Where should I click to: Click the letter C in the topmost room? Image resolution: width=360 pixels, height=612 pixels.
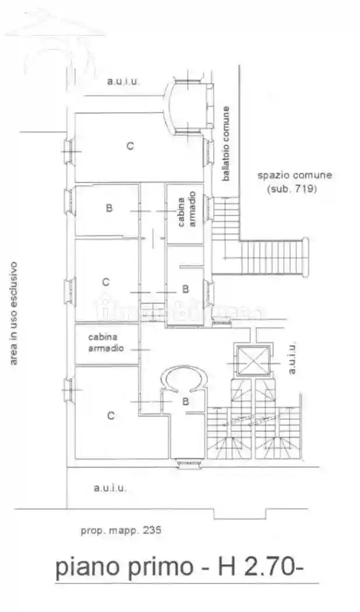click(x=130, y=146)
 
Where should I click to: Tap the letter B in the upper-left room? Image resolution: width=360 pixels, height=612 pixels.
click(x=109, y=208)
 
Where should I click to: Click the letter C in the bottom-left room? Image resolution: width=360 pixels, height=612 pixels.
click(x=110, y=416)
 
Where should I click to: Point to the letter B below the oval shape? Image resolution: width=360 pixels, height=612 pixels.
click(x=185, y=401)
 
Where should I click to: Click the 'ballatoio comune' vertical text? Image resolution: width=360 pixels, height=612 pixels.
click(x=226, y=143)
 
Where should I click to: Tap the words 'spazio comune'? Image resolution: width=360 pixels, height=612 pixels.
click(x=295, y=175)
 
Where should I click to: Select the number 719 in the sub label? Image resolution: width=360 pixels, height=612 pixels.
click(x=302, y=189)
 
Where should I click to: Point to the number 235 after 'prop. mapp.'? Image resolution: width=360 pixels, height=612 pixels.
click(x=150, y=530)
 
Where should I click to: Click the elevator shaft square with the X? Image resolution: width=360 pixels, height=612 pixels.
click(x=253, y=360)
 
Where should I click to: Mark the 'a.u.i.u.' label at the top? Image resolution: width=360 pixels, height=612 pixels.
click(x=123, y=82)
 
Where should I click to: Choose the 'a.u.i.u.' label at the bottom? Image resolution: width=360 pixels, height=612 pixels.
click(x=110, y=488)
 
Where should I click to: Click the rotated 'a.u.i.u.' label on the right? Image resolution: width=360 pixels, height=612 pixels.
click(x=292, y=358)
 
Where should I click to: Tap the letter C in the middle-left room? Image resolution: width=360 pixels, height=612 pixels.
click(x=105, y=282)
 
